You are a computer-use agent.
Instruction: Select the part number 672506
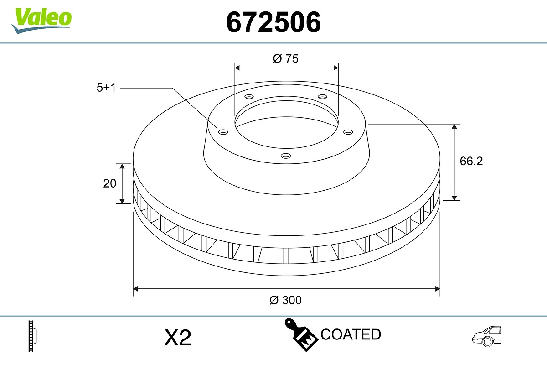[273, 21]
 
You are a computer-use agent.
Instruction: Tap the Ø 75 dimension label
[286, 58]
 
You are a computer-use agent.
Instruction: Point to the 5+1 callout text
[106, 88]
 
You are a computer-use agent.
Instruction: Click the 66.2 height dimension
[471, 161]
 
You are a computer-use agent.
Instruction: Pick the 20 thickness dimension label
[110, 183]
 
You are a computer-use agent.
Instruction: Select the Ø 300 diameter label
[286, 300]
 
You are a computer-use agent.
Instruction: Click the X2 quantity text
[177, 338]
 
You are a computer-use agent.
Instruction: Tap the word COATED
[351, 334]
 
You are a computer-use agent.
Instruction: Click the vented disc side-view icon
[32, 336]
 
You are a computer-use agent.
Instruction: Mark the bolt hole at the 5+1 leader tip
[223, 132]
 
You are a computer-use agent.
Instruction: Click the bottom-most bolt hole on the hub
[286, 156]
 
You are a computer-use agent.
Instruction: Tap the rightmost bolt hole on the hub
[348, 132]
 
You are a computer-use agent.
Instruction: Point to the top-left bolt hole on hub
[249, 97]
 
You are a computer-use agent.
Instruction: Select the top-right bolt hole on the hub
[323, 97]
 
